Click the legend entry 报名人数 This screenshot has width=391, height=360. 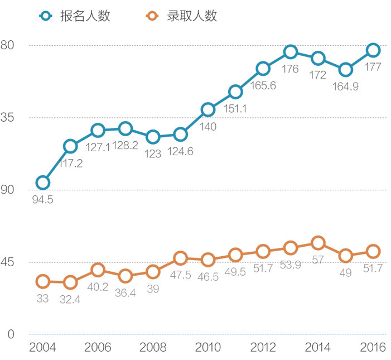75,16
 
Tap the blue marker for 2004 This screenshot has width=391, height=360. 42,183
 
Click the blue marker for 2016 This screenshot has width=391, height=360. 373,50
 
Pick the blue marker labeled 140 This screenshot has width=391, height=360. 207,109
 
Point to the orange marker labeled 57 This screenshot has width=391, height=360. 318,243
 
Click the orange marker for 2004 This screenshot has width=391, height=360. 42,281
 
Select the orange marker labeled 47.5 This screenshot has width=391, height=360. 180,258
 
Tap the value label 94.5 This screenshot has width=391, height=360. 42,199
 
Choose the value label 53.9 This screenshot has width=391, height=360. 290,265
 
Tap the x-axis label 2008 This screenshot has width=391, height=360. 152,347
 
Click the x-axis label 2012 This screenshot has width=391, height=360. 263,347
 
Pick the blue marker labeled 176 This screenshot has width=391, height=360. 290,52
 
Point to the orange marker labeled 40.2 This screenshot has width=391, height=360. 98,270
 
